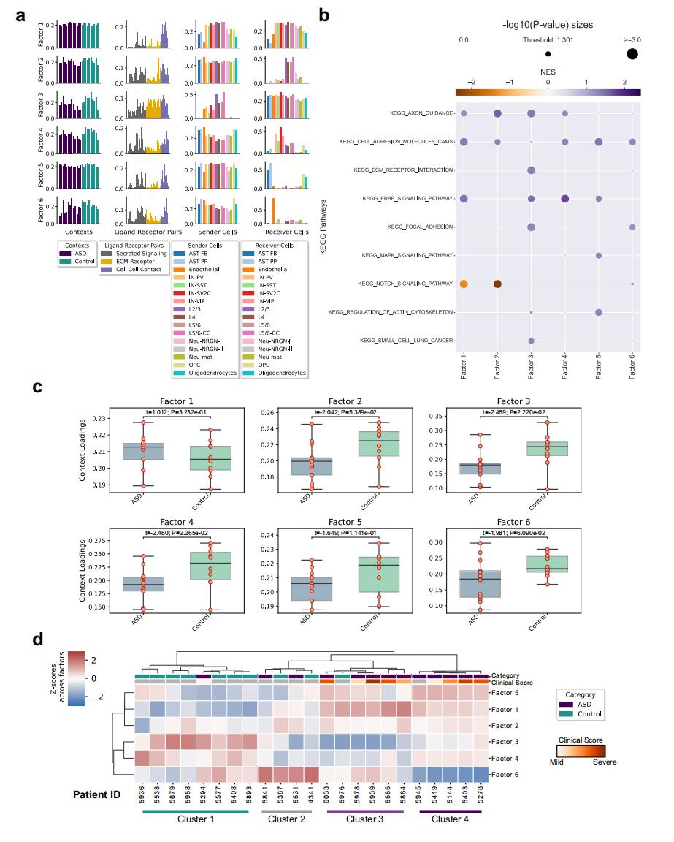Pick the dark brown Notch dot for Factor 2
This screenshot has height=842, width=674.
497,284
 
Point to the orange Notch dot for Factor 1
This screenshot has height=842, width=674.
464,284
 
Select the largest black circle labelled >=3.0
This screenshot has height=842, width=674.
632,53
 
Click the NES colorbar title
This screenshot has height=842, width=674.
548,73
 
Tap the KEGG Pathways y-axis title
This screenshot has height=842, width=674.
322,227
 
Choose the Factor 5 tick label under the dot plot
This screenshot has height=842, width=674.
598,363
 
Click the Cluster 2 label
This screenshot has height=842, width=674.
286,819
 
